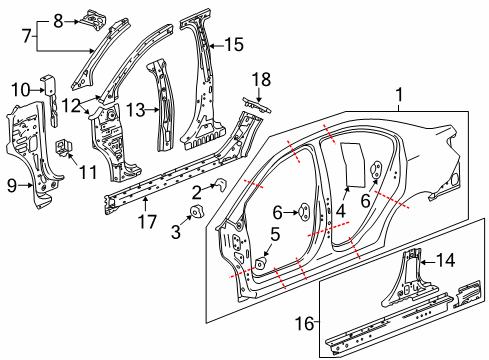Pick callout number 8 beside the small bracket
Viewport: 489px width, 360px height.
58,20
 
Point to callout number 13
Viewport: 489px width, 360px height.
134,108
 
